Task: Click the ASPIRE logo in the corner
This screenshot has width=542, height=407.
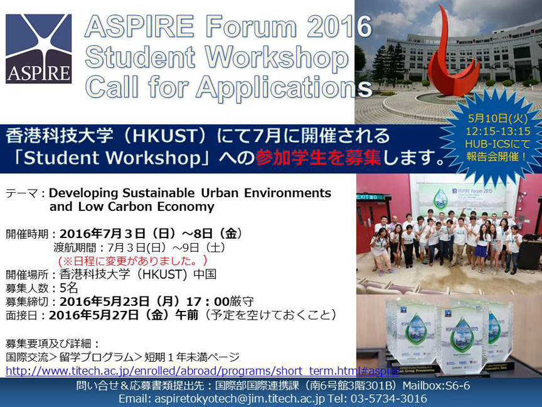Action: click(39, 49)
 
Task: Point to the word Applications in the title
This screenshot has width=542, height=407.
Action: click(284, 87)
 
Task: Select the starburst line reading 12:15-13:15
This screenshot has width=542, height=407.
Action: click(497, 131)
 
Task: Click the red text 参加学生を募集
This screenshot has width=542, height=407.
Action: click(318, 158)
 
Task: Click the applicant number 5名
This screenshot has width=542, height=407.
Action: click(68, 288)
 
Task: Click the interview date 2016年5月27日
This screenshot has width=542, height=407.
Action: click(93, 315)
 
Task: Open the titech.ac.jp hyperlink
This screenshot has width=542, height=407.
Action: click(203, 371)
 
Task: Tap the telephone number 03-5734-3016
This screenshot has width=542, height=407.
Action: click(389, 399)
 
